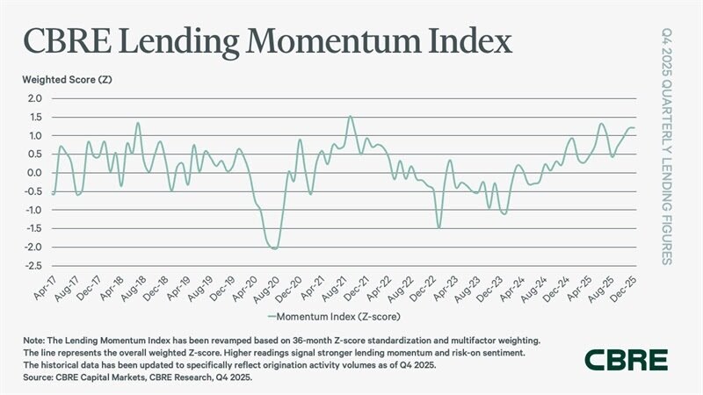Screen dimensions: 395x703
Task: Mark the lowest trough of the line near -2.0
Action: pyautogui.click(x=275, y=248)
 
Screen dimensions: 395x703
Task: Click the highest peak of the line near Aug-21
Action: pyautogui.click(x=350, y=116)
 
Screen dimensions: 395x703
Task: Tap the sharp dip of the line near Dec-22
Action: pyautogui.click(x=438, y=227)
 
